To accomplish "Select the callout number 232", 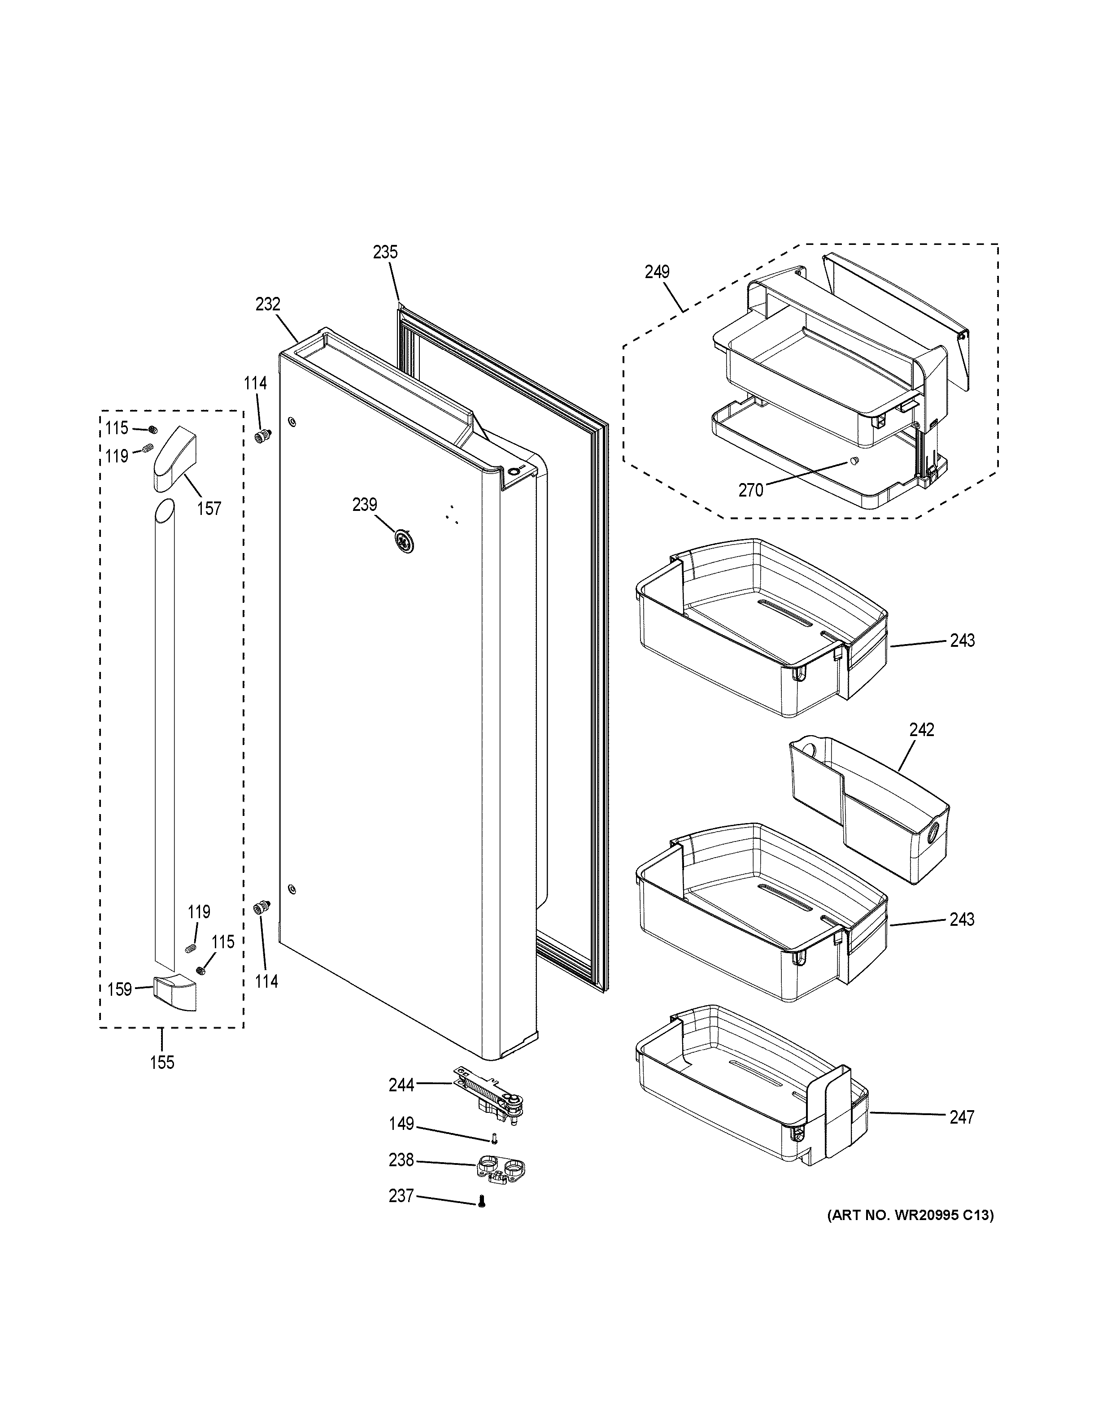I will (267, 304).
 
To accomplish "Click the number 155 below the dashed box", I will (162, 1063).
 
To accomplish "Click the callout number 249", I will (657, 272).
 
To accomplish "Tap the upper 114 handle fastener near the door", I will (263, 436).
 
